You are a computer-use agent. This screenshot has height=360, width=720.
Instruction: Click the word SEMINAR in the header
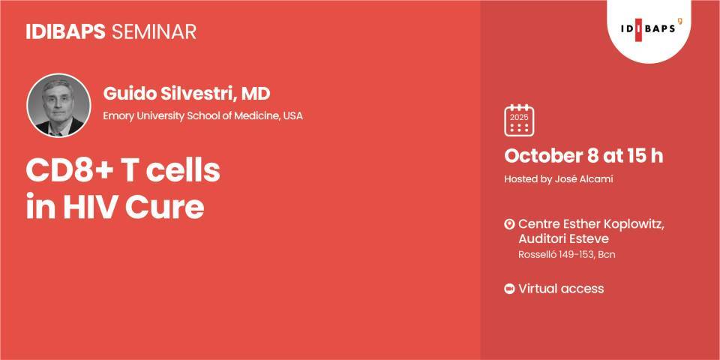(x=154, y=31)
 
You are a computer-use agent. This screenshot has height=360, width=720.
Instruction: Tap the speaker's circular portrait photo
(x=58, y=106)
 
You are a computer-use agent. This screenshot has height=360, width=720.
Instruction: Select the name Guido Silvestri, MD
(x=187, y=94)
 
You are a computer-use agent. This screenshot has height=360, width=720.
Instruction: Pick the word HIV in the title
(x=91, y=207)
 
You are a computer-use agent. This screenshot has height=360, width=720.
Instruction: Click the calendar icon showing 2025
(x=519, y=120)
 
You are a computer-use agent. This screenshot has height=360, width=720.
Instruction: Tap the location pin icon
(x=509, y=224)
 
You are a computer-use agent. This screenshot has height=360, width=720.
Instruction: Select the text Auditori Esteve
(x=563, y=239)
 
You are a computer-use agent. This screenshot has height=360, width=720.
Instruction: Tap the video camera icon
(x=509, y=289)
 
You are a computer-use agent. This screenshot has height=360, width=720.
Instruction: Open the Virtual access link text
(x=561, y=289)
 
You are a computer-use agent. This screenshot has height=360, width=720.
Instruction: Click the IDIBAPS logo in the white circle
(x=649, y=28)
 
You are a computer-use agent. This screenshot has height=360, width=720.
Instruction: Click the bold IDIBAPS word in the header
(x=67, y=31)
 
